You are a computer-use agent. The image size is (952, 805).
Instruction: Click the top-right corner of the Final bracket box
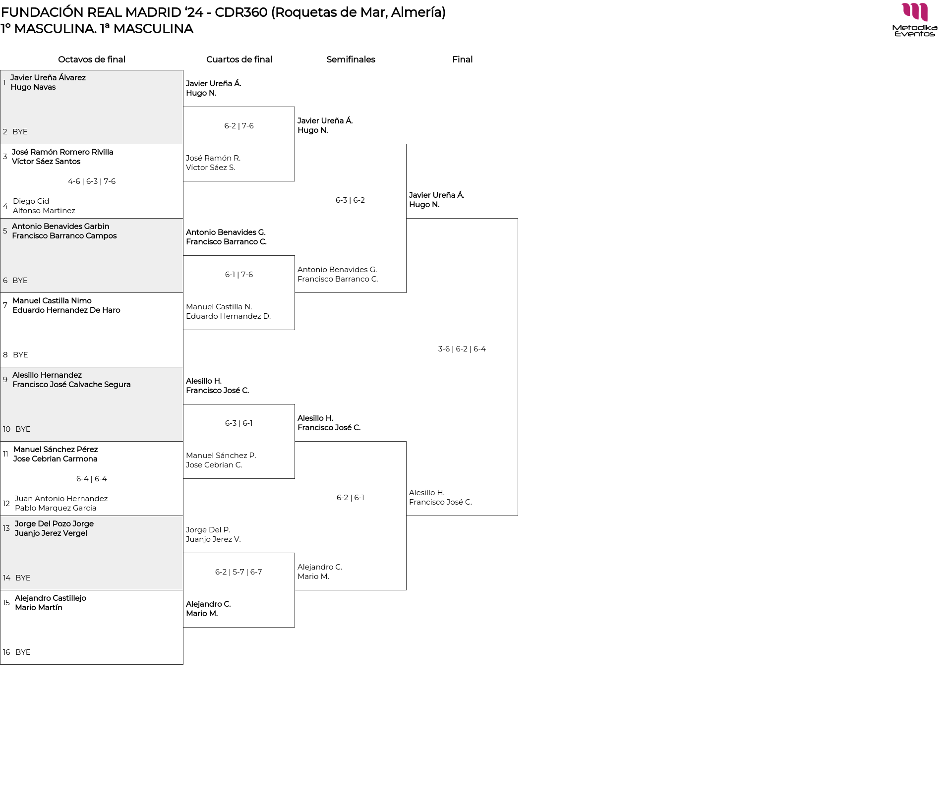click(518, 219)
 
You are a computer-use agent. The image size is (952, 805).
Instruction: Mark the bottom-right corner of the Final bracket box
click(518, 516)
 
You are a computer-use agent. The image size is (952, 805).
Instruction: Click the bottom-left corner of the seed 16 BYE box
click(0, 664)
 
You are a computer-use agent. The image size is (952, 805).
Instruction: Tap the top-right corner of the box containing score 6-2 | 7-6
click(295, 107)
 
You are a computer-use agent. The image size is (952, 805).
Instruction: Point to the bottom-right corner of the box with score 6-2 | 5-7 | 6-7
click(295, 627)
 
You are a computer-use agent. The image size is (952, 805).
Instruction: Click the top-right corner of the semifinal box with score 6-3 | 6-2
click(406, 144)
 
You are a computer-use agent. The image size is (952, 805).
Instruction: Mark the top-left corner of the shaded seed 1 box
click(0, 70)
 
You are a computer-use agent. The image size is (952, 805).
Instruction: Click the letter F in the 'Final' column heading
click(455, 59)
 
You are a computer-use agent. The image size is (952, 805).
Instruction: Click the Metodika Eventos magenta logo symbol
click(915, 12)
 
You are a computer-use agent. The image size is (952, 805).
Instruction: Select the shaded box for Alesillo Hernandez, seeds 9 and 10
click(92, 404)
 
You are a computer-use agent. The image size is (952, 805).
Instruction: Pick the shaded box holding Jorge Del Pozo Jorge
click(92, 553)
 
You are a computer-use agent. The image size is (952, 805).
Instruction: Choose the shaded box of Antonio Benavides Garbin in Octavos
click(92, 256)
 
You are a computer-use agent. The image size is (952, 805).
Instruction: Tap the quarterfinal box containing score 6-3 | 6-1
click(239, 442)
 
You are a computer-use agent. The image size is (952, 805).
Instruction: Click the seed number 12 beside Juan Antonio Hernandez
click(6, 504)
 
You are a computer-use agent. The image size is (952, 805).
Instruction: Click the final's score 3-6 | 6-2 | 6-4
click(462, 349)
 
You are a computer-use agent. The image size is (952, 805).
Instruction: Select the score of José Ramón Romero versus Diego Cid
click(92, 181)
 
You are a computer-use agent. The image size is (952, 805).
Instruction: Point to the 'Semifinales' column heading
click(351, 59)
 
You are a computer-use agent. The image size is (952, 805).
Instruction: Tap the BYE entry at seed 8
click(20, 355)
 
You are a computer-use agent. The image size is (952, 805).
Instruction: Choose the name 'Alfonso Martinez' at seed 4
click(44, 211)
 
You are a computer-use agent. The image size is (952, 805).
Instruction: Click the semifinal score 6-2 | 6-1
click(351, 498)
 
